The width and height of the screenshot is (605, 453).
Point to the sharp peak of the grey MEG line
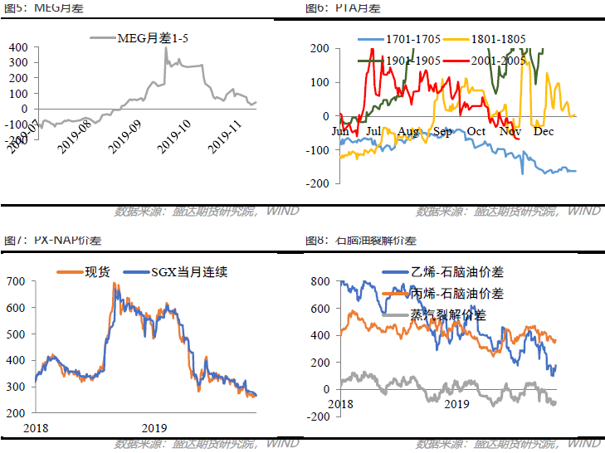click(x=165, y=48)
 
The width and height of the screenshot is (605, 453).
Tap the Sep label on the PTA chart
click(x=442, y=131)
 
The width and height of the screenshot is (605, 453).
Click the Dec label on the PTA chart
click(x=544, y=131)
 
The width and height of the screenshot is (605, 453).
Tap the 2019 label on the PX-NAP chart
click(x=154, y=426)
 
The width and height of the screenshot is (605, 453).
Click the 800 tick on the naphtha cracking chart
click(x=320, y=281)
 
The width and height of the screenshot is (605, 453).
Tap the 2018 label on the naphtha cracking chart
click(x=340, y=402)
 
